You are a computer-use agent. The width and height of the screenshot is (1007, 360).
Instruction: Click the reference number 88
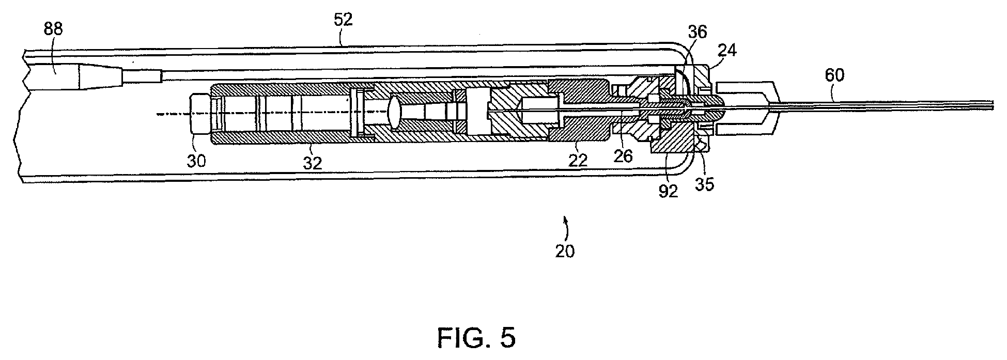(53, 29)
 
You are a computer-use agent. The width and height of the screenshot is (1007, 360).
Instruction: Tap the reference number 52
(343, 21)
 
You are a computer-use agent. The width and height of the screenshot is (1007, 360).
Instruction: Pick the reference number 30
(196, 161)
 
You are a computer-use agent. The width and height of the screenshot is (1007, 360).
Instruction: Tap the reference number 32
(313, 163)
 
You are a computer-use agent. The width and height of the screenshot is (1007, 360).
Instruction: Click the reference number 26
(623, 155)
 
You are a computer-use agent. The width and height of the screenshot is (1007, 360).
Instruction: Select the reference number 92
(668, 191)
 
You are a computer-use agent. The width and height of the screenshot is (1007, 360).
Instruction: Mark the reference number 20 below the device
(564, 251)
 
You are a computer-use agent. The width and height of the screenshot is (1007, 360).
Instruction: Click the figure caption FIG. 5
(476, 338)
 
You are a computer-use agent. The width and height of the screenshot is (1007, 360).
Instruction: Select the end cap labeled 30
(202, 113)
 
